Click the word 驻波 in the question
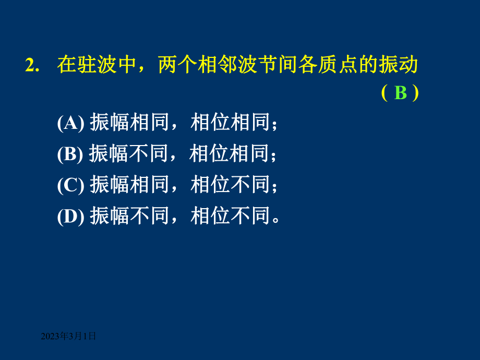(x=97, y=65)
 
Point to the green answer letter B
(x=401, y=93)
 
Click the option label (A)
(x=70, y=123)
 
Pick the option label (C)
(x=70, y=185)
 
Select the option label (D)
(x=70, y=216)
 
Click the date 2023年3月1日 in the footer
(x=69, y=337)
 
